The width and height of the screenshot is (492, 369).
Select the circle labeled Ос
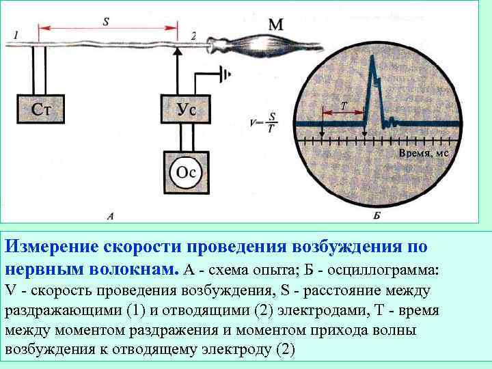coord(186,172)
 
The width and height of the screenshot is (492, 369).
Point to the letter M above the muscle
coord(275,25)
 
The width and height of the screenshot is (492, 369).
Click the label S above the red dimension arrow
coord(106,20)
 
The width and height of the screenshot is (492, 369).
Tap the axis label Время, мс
coord(423,154)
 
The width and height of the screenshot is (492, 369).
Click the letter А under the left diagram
coord(111,216)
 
